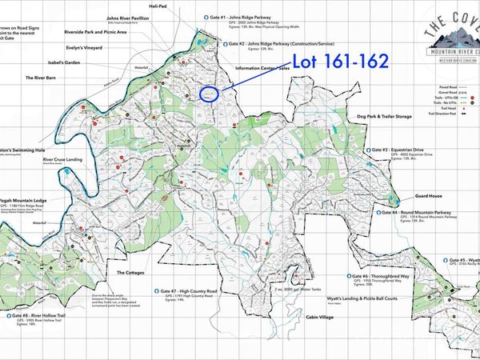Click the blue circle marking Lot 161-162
click(210, 94)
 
